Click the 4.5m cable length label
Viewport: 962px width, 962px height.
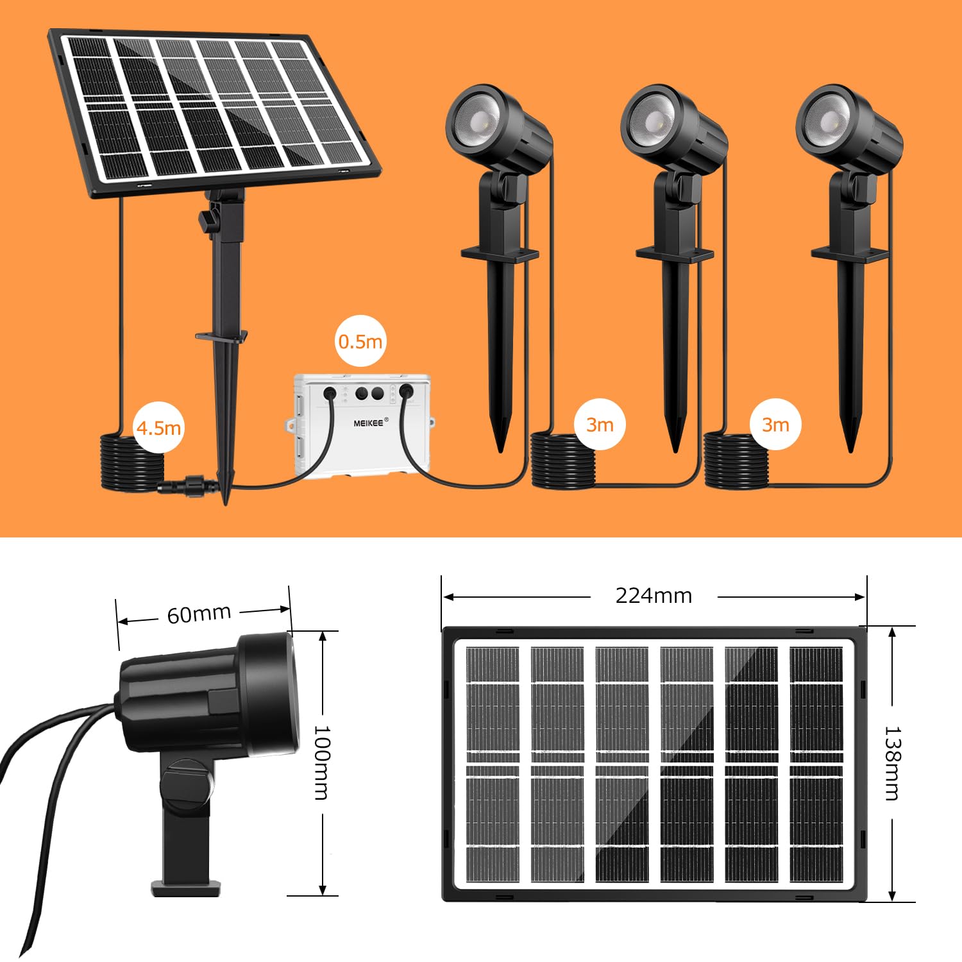pos(158,427)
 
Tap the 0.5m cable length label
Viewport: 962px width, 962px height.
pos(360,341)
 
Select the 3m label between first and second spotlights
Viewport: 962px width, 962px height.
pos(600,425)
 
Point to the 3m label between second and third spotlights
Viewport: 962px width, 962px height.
pos(775,425)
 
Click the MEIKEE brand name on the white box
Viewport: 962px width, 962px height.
pos(369,423)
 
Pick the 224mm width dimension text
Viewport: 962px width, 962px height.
pos(654,596)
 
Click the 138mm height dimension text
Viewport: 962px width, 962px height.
pos(893,763)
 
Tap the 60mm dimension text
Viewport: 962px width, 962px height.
pos(199,614)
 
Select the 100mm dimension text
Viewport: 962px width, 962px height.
pos(322,763)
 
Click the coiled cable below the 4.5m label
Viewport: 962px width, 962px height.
pos(131,463)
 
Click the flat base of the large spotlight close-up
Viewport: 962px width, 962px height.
pos(186,888)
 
